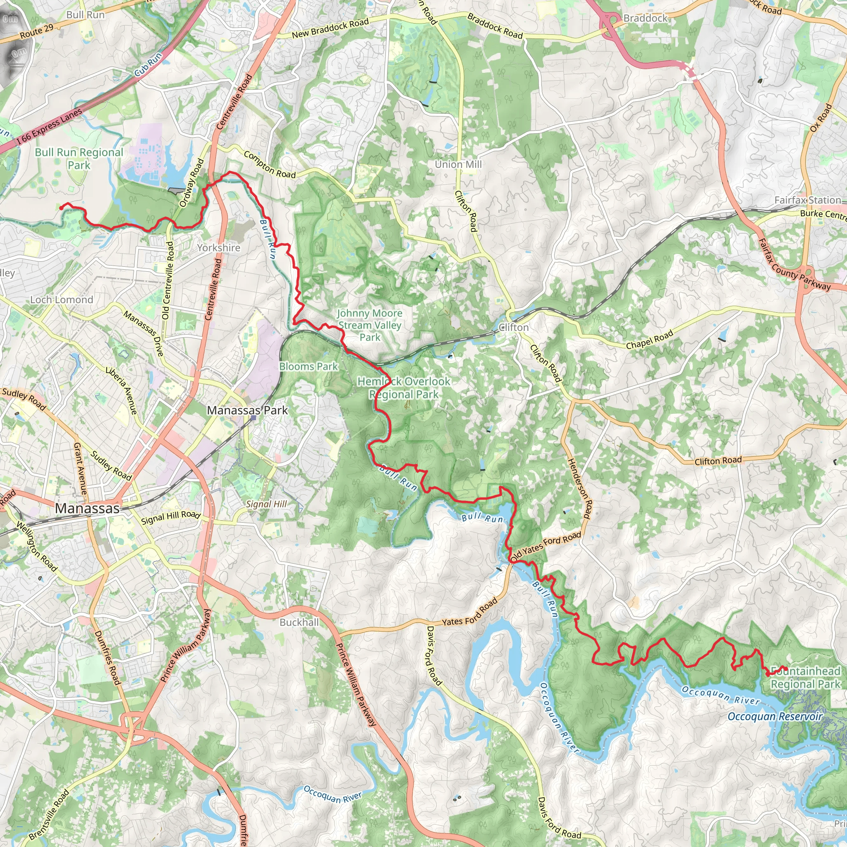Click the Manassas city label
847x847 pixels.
tap(87, 509)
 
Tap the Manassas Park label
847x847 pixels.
tap(247, 410)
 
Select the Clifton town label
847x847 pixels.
tap(514, 328)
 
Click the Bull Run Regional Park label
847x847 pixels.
tap(79, 159)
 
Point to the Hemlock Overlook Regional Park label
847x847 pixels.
tap(404, 388)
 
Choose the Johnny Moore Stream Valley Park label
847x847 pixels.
tap(370, 325)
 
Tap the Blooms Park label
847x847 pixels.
tap(308, 366)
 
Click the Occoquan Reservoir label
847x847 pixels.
tap(775, 716)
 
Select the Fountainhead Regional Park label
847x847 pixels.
tap(805, 678)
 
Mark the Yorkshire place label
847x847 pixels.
tap(218, 248)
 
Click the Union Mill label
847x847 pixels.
tap(458, 165)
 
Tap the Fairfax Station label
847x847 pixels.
tap(808, 200)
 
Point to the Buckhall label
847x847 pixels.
tap(299, 622)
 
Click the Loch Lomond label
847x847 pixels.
tap(61, 300)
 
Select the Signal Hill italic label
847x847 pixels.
tap(266, 504)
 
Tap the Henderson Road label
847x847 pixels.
tap(580, 488)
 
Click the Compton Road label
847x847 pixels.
tap(270, 165)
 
